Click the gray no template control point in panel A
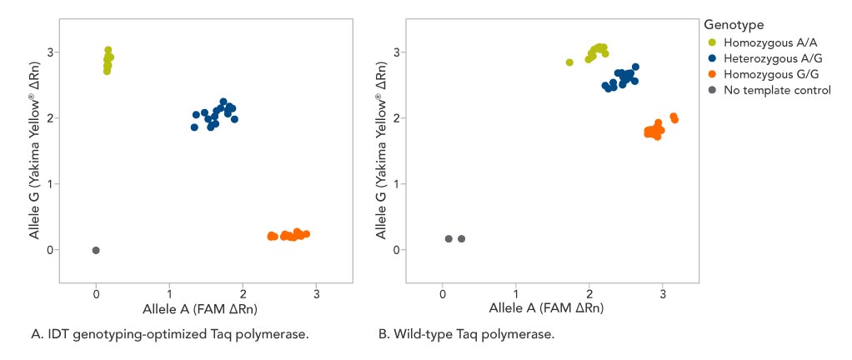[96, 250]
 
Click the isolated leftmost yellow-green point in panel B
[569, 62]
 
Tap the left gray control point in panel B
[449, 239]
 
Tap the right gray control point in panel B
[462, 239]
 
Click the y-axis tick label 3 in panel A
[50, 52]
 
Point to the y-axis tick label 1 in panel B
[397, 184]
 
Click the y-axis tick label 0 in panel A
[50, 250]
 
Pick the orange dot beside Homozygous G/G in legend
[711, 74]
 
